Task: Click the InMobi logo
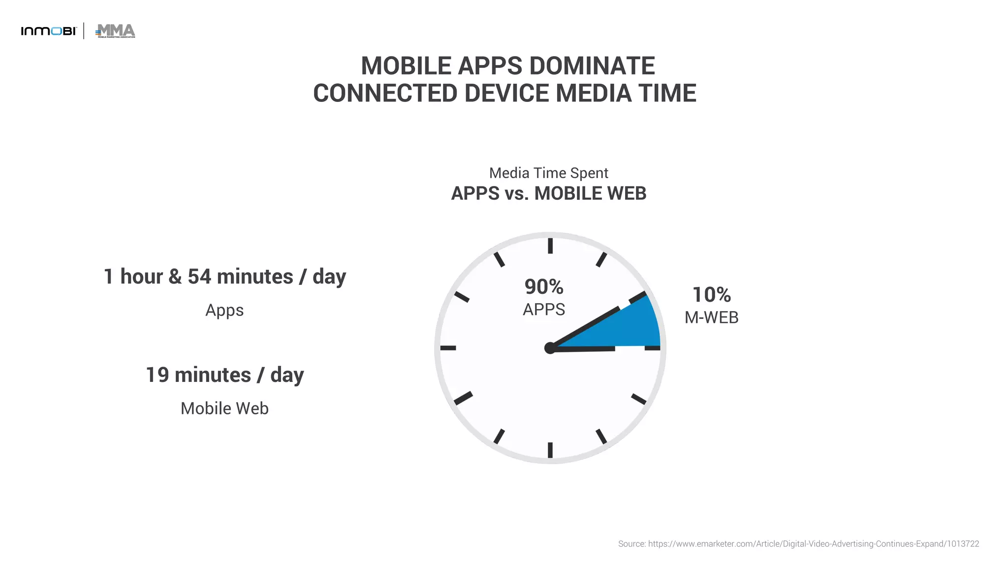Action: (x=49, y=31)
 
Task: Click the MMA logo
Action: (x=116, y=31)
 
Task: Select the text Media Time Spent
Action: (x=548, y=173)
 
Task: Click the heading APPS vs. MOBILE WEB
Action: (x=548, y=193)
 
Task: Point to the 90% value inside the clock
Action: (x=543, y=287)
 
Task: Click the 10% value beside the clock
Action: (x=711, y=295)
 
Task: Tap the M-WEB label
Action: (x=711, y=317)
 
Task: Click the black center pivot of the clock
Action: (x=550, y=348)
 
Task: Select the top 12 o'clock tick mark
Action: (x=550, y=246)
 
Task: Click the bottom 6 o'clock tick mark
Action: (x=550, y=450)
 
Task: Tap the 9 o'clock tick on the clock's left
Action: (x=448, y=348)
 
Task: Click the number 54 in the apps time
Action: (x=199, y=277)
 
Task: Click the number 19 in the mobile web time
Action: (x=157, y=375)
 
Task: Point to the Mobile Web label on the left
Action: (x=224, y=409)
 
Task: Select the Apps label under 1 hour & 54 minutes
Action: (x=224, y=310)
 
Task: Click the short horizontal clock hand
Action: (x=586, y=348)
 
